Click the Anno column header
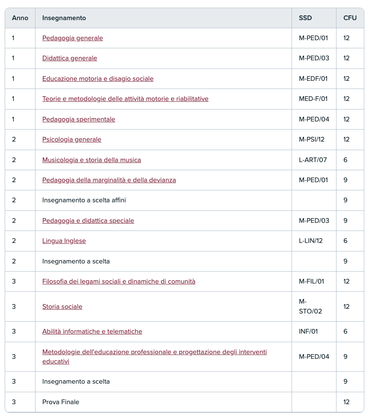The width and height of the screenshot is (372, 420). (20, 18)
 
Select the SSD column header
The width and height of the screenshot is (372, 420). (305, 18)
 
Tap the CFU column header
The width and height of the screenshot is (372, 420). (350, 18)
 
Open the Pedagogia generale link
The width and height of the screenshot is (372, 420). (73, 38)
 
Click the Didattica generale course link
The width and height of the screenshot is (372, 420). (70, 58)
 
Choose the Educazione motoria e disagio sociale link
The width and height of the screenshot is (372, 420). (98, 79)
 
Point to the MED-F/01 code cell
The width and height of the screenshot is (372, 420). (313, 99)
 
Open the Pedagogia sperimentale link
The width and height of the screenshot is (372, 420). (79, 119)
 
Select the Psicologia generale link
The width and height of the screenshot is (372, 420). (72, 139)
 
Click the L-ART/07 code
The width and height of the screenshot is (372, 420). (313, 160)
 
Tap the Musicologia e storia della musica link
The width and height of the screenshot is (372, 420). (92, 160)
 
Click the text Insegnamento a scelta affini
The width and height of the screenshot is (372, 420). (84, 200)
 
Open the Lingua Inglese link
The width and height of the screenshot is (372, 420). (64, 241)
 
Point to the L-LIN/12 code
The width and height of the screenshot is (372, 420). (311, 241)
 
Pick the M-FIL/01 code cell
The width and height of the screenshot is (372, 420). (312, 281)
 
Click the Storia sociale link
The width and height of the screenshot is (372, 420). (62, 307)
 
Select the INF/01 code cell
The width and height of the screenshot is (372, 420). (308, 331)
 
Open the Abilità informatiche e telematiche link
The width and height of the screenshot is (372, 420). (92, 331)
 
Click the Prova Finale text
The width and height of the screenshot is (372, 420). (61, 402)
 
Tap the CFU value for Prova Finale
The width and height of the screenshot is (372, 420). (346, 402)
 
